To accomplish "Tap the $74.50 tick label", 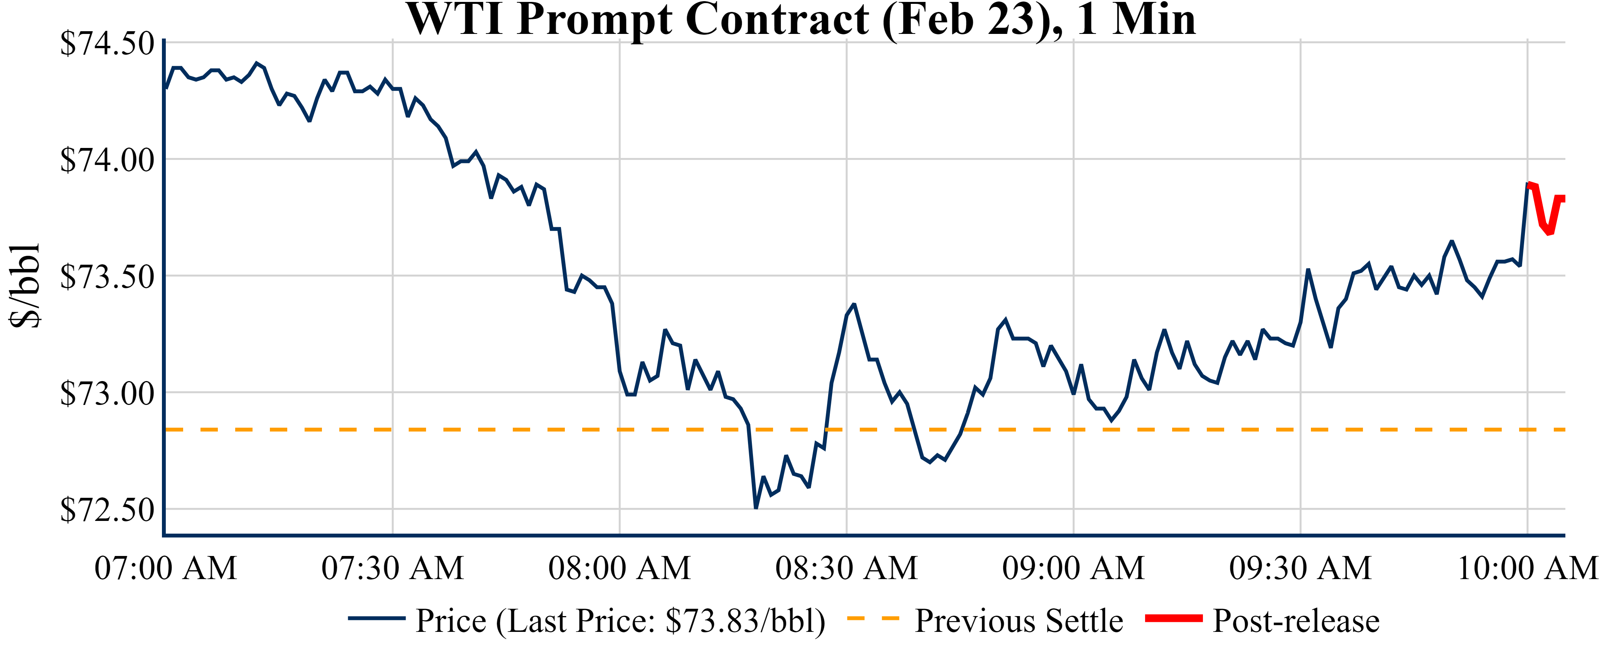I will [x=107, y=44].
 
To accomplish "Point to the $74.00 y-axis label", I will [x=107, y=160].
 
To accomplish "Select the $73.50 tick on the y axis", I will [x=107, y=277].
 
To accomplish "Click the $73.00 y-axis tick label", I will [x=107, y=393].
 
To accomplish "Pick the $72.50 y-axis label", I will [x=107, y=510].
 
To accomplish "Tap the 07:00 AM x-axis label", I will [x=165, y=568].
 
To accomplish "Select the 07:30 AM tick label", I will [x=392, y=568].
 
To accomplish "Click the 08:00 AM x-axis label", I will [x=620, y=568].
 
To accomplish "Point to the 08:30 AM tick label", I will [x=846, y=568].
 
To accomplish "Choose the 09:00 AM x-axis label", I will [x=1073, y=568].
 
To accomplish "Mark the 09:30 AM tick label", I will [x=1300, y=568].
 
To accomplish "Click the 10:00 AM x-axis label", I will [x=1527, y=568].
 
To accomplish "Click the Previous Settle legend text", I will [x=1019, y=621].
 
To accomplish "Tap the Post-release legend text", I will [x=1296, y=621].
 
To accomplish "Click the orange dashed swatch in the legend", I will [x=873, y=618].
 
